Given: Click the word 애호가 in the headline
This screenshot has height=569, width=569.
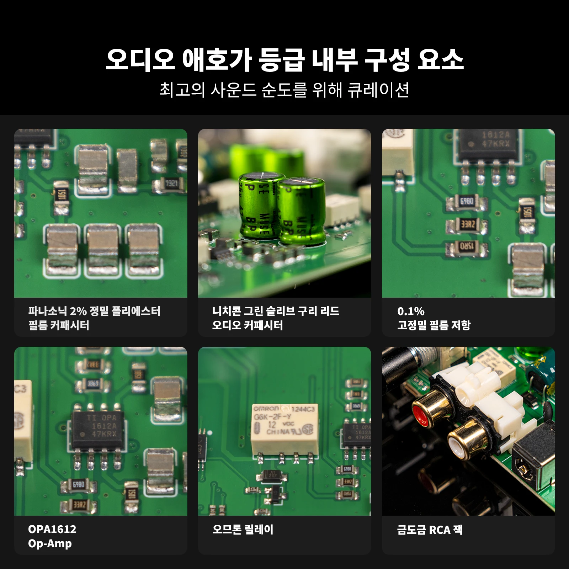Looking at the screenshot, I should (x=217, y=60).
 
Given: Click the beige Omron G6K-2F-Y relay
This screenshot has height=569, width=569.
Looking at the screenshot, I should (x=284, y=429).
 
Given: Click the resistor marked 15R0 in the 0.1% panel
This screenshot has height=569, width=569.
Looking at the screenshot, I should (x=467, y=247).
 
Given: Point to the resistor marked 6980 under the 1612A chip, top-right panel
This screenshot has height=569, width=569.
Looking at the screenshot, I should (x=467, y=202).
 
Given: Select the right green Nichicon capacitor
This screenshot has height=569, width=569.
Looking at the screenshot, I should (x=301, y=212).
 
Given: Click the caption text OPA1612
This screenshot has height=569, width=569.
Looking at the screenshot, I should (x=52, y=529).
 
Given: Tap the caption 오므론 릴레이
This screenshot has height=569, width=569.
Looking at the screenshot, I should (x=243, y=530).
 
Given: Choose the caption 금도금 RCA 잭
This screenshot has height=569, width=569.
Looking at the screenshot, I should (x=430, y=530).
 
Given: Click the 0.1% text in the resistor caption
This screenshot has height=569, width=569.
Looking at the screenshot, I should (x=411, y=312).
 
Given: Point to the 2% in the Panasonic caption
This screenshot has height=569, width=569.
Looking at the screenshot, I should (x=78, y=312).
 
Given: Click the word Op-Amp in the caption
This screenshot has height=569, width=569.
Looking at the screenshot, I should (x=50, y=543).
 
